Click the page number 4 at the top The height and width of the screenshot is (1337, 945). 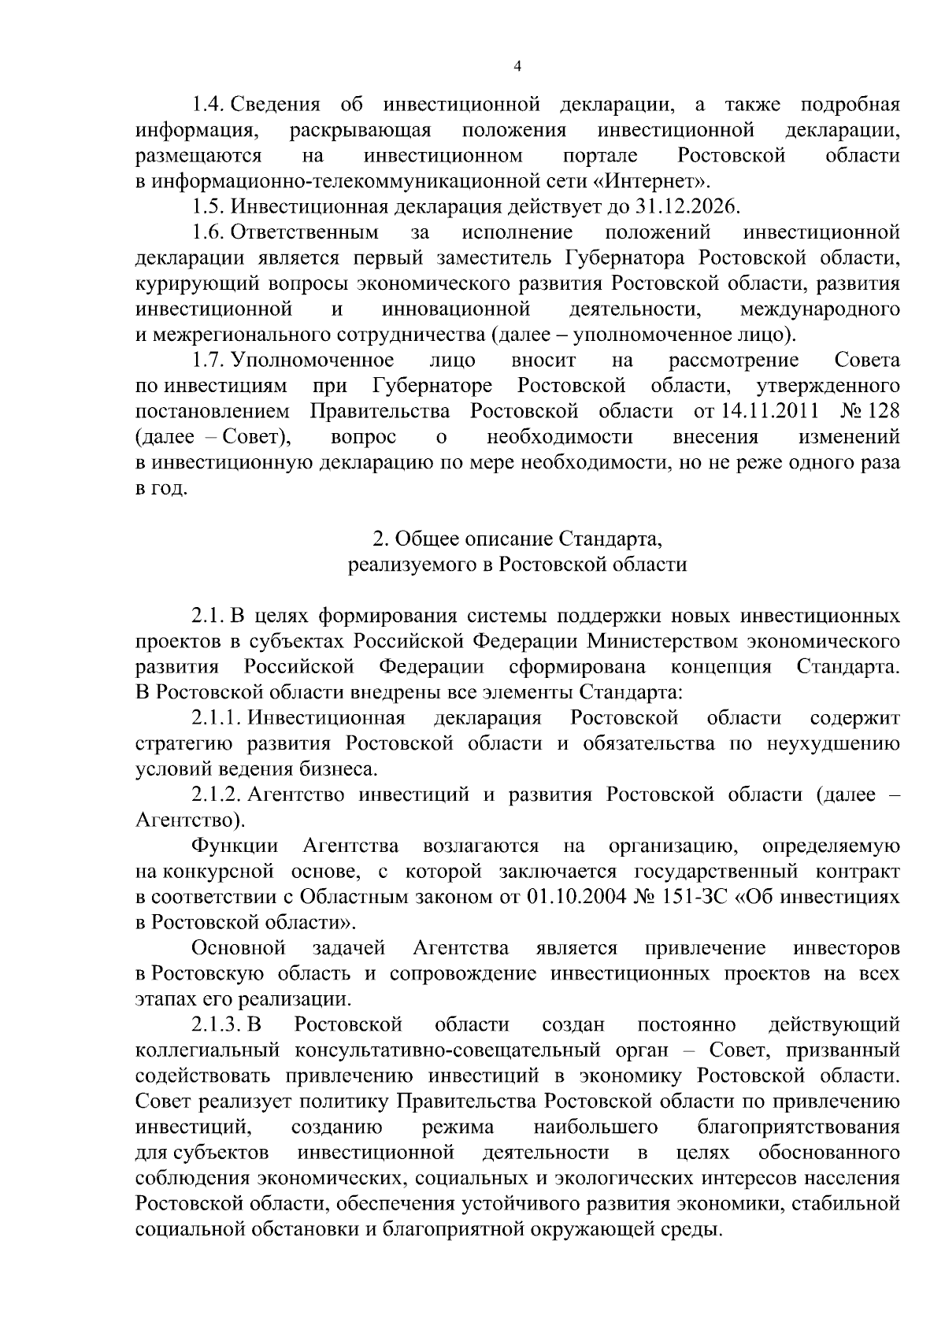517,68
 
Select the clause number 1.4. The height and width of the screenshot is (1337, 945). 209,105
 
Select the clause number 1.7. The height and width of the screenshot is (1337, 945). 209,360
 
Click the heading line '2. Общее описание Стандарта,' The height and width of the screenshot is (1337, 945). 517,539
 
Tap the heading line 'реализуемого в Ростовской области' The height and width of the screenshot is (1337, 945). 517,564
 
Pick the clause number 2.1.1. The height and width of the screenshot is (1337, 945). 217,717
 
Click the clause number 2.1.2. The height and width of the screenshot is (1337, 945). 217,794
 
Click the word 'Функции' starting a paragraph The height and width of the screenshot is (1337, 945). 235,846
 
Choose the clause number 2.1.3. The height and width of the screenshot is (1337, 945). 217,1024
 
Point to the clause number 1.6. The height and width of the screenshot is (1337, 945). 209,232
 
